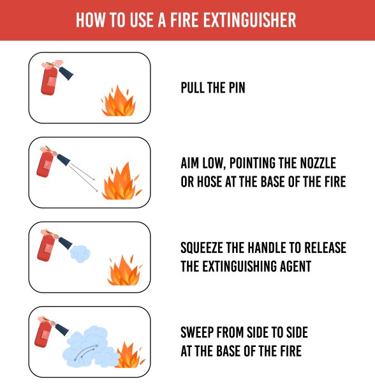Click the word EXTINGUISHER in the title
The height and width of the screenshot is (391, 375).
click(249, 20)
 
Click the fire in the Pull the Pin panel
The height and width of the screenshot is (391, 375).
click(119, 101)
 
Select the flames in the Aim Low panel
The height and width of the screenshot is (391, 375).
click(122, 181)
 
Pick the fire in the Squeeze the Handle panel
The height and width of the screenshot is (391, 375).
click(124, 271)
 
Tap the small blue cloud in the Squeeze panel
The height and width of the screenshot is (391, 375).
click(80, 254)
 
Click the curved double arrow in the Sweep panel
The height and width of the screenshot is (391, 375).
click(86, 352)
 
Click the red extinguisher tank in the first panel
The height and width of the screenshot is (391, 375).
click(49, 81)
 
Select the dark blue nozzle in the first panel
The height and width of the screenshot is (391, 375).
click(66, 73)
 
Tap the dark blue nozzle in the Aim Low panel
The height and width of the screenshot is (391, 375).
click(63, 160)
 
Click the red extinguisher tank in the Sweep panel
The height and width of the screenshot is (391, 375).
click(43, 334)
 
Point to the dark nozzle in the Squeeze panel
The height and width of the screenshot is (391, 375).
click(66, 243)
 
